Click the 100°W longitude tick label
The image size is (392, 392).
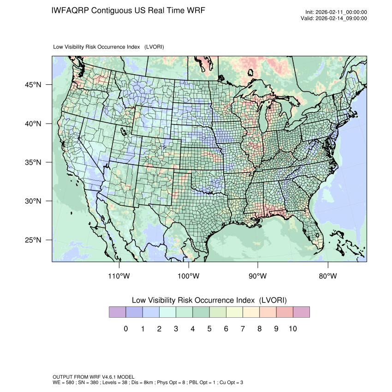189,276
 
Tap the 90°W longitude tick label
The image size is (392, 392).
258,276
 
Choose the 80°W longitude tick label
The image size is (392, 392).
327,276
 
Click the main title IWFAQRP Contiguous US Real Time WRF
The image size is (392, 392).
128,11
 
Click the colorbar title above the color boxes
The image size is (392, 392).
209,300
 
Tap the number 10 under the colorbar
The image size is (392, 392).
293,329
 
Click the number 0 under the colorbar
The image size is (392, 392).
125,329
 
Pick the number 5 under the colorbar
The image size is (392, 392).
209,329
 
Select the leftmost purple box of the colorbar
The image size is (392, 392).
117,312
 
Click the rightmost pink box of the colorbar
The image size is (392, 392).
301,312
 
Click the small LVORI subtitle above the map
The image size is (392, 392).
109,47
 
